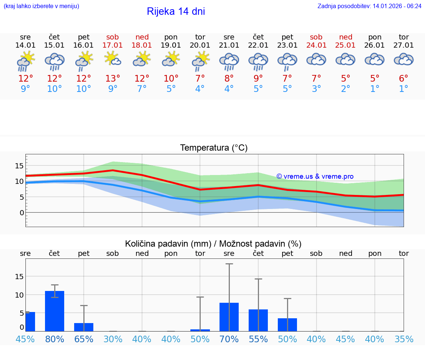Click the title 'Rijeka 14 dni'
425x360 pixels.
(176, 11)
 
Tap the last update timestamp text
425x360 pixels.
(369, 6)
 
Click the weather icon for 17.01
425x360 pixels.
(113, 59)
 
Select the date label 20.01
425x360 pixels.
(200, 45)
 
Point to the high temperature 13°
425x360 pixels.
(113, 79)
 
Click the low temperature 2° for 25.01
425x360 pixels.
(346, 89)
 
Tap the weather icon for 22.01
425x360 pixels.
(258, 61)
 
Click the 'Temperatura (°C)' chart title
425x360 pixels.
(214, 148)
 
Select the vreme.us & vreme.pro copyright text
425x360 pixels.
(315, 176)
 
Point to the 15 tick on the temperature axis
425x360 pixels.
(19, 166)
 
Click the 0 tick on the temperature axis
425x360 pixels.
(22, 213)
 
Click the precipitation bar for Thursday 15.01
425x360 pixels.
(55, 311)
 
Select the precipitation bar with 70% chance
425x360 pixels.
(229, 317)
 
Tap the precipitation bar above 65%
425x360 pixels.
(84, 327)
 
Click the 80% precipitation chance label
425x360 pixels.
(55, 339)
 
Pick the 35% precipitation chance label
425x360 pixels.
(404, 339)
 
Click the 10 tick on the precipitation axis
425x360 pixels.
(19, 295)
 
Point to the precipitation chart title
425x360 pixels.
(213, 244)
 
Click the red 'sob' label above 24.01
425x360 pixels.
(316, 37)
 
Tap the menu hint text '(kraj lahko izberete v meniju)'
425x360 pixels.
(41, 6)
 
